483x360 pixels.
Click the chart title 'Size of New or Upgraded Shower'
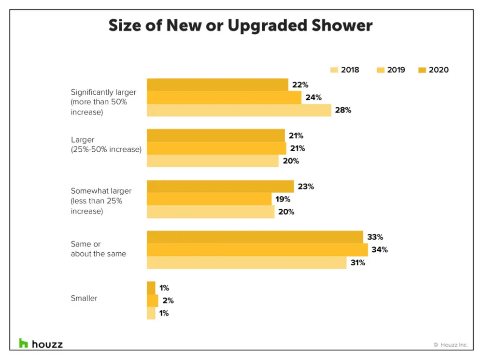point(241,25)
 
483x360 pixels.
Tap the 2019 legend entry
point(391,70)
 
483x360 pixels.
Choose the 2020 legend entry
point(433,70)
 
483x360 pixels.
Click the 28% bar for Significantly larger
point(239,110)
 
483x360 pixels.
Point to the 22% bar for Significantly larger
point(217,85)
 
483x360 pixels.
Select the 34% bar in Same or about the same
point(257,250)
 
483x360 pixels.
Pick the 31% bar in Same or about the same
point(246,263)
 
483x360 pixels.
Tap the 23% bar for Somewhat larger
point(220,187)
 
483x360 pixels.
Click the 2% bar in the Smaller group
point(152,301)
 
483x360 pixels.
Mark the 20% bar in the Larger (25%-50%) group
point(213,161)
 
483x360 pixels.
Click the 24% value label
point(313,98)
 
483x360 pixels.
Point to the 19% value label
point(283,199)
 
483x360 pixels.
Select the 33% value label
point(375,237)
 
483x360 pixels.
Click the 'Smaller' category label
point(84,299)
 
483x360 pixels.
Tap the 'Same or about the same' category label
point(98,249)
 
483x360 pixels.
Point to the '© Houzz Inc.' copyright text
point(450,345)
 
